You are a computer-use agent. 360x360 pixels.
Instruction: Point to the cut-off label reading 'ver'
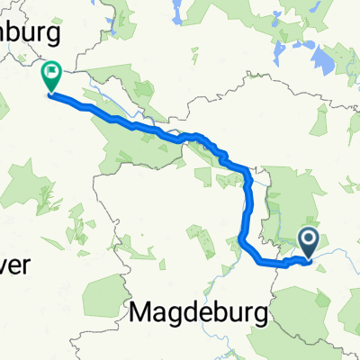(15, 241)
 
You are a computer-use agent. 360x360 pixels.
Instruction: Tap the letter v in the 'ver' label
(5, 242)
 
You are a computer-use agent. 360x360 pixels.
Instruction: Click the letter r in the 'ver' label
(29, 242)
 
